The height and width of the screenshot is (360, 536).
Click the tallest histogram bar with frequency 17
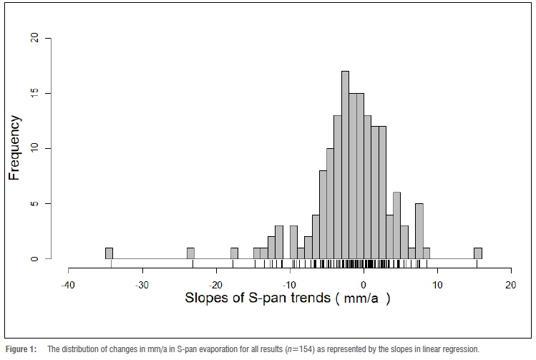pos(345,165)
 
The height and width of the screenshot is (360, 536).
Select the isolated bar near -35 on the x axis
pos(109,253)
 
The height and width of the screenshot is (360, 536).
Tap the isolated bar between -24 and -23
pos(190,253)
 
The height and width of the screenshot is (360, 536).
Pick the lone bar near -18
pos(234,253)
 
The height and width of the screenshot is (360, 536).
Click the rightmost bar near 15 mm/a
pos(477,253)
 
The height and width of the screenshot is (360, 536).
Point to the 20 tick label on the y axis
pos(47,38)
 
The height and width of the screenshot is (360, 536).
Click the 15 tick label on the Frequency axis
pos(47,93)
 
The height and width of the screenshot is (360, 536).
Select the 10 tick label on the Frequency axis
pos(47,148)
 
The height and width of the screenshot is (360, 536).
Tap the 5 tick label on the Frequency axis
pos(47,203)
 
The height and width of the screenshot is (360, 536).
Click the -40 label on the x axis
pos(68,284)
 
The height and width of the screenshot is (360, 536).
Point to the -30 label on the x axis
pos(142,284)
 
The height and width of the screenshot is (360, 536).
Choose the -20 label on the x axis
pos(216,284)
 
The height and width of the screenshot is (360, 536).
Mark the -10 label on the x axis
pos(290,284)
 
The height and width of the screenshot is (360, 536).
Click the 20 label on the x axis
pos(511,284)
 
